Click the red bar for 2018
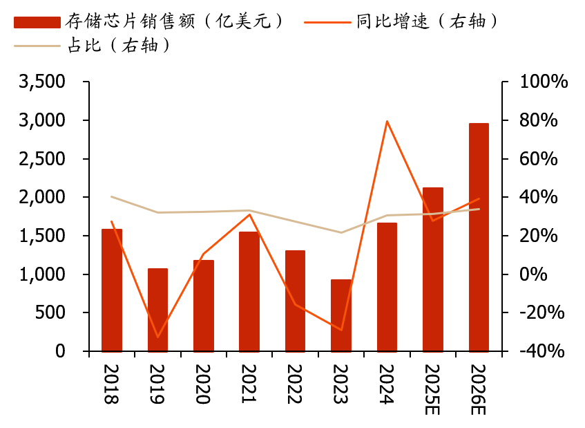(x=111, y=290)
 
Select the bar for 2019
(x=157, y=310)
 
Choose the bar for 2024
(x=387, y=287)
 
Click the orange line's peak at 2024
(x=387, y=121)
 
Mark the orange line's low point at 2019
(x=157, y=337)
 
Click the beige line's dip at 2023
(x=341, y=232)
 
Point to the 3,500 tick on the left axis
(x=42, y=82)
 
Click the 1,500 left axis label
(x=42, y=236)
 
